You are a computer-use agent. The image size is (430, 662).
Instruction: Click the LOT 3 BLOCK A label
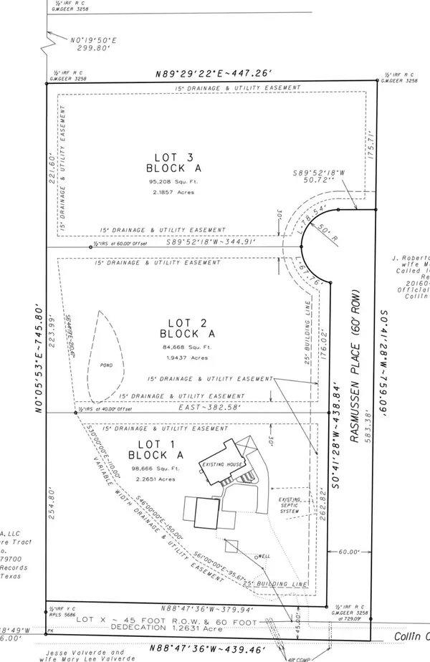click(x=174, y=163)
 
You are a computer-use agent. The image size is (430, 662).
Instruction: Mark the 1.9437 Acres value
click(x=181, y=357)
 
